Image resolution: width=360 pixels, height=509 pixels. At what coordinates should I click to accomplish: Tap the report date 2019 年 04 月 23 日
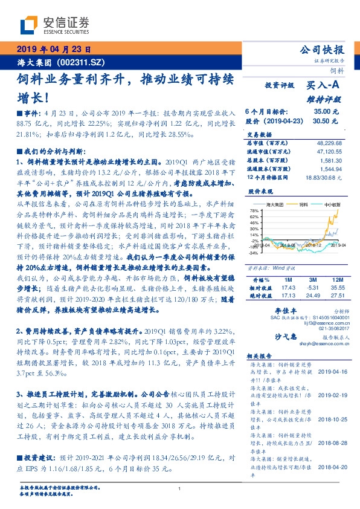pyautogui.click(x=53, y=50)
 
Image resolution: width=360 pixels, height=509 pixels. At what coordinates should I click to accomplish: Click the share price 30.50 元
pyautogui.click(x=326, y=121)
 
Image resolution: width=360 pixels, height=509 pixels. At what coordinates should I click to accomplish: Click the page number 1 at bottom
pyautogui.click(x=179, y=489)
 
